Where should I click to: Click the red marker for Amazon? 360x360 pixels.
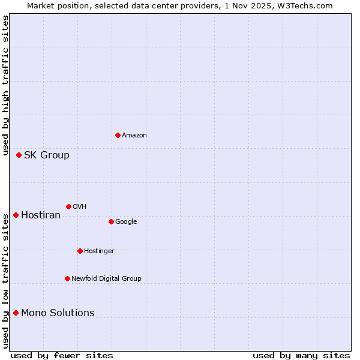click(x=118, y=135)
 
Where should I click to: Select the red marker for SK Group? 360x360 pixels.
click(x=19, y=155)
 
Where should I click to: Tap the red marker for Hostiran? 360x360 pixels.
click(x=16, y=215)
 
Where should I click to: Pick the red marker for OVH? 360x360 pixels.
click(x=68, y=206)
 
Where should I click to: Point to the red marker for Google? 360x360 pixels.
click(x=111, y=221)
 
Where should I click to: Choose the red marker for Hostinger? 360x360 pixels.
click(x=80, y=251)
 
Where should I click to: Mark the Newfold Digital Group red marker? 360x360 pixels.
click(x=67, y=278)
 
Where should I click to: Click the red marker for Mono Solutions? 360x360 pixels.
click(x=16, y=313)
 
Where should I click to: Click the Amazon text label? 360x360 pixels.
click(x=134, y=136)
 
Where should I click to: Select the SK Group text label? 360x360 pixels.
click(x=47, y=155)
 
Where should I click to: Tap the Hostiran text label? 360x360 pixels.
click(x=41, y=215)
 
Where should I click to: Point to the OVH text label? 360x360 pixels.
click(x=80, y=207)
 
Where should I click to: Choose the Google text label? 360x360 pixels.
click(x=126, y=222)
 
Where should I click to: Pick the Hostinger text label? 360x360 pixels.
click(x=99, y=251)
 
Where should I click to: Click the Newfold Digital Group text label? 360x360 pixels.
click(x=106, y=279)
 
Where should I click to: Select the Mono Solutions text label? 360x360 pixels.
click(x=58, y=313)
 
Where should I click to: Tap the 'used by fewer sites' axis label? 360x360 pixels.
click(x=62, y=355)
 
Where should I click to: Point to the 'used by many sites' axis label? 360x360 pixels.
click(x=301, y=355)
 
